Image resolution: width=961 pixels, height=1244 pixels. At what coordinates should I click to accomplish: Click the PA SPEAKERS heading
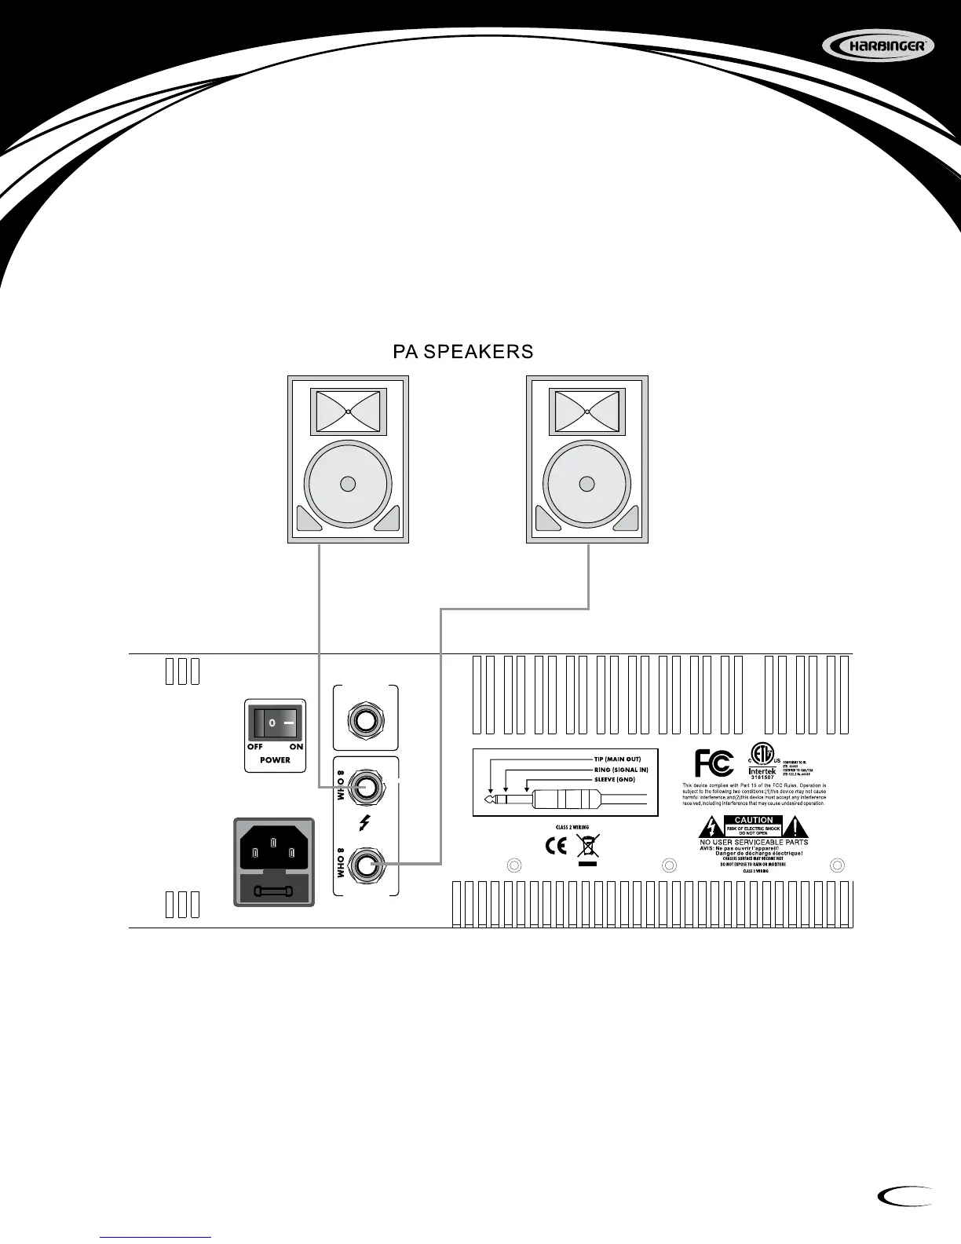click(462, 352)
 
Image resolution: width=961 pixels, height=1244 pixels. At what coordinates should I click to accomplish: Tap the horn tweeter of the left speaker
click(348, 412)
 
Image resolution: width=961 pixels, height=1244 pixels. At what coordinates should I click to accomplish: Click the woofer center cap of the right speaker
click(586, 483)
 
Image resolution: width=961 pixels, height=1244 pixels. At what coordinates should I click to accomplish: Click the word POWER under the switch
click(275, 760)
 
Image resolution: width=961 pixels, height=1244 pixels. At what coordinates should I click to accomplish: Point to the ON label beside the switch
click(296, 747)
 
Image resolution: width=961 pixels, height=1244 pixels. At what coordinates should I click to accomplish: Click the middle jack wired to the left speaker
click(366, 788)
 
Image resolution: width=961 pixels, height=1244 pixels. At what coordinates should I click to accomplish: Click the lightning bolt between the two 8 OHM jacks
click(364, 824)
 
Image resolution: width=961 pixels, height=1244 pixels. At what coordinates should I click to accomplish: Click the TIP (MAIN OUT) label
click(617, 759)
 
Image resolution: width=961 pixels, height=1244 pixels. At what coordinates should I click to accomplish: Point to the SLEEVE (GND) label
click(614, 779)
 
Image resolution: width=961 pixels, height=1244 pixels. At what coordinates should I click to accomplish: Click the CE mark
click(556, 847)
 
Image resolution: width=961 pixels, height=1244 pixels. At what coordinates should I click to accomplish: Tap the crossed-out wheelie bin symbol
click(586, 848)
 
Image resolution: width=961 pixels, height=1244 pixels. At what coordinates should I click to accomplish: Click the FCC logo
click(714, 763)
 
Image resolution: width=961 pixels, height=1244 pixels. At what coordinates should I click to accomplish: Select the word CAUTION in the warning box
click(754, 820)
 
